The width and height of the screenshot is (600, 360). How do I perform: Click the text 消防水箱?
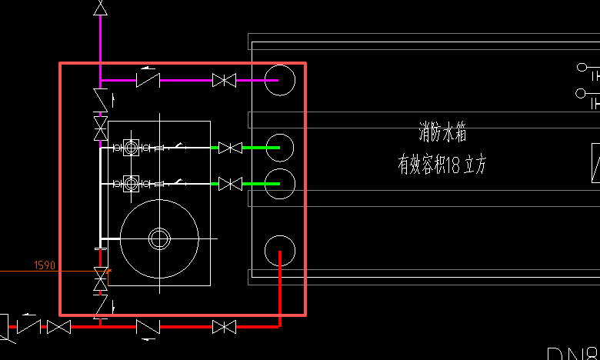point(442,133)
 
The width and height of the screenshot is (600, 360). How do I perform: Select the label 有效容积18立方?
point(442,165)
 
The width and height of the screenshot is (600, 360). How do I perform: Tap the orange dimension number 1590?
point(45,265)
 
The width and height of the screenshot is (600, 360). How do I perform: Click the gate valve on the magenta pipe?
point(224,80)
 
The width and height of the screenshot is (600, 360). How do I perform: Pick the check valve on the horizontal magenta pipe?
point(148,79)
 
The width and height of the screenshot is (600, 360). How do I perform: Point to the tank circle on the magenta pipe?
point(279,80)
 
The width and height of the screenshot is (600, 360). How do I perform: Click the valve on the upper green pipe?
point(230,147)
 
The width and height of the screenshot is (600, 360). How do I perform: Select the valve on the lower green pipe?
point(230,184)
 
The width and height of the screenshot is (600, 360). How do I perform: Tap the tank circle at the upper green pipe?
point(279,147)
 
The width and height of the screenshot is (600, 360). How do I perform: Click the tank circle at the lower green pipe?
point(279,183)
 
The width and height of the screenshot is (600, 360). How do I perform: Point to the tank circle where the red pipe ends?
point(279,251)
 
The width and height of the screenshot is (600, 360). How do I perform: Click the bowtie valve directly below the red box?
point(224,327)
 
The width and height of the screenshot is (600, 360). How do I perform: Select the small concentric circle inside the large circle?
point(159,238)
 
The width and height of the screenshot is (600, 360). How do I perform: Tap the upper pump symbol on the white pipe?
point(132,147)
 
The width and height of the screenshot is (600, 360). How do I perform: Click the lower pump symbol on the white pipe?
point(132,183)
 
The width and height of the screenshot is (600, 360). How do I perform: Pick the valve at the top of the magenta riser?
point(100,8)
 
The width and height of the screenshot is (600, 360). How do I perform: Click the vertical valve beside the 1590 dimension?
point(100,279)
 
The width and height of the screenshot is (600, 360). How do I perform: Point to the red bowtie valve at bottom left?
point(58,327)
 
